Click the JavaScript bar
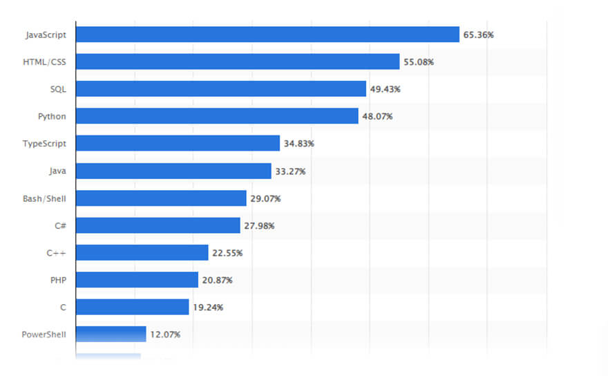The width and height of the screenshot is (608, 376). click(x=267, y=35)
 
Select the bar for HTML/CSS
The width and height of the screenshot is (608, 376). click(x=238, y=62)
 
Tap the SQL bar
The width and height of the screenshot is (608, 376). click(x=220, y=89)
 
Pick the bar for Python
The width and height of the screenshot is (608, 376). click(x=217, y=116)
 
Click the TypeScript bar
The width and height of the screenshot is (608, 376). click(x=178, y=143)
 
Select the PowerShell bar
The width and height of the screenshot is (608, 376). click(x=111, y=335)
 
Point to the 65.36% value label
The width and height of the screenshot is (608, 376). click(x=479, y=35)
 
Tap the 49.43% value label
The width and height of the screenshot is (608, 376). click(x=386, y=89)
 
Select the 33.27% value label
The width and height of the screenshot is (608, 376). click(x=291, y=171)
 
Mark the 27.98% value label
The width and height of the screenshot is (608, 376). click(x=260, y=225)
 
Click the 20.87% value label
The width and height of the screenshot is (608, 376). click(x=218, y=280)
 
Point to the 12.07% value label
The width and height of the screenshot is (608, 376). click(x=166, y=335)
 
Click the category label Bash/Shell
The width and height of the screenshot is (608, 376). click(x=44, y=198)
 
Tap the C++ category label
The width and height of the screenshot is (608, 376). click(x=56, y=253)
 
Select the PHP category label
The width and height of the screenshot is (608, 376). click(x=57, y=280)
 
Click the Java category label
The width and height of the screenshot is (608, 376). click(x=57, y=171)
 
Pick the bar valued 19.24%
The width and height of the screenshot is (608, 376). click(x=132, y=307)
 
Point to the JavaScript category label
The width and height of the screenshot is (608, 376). click(x=46, y=35)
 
